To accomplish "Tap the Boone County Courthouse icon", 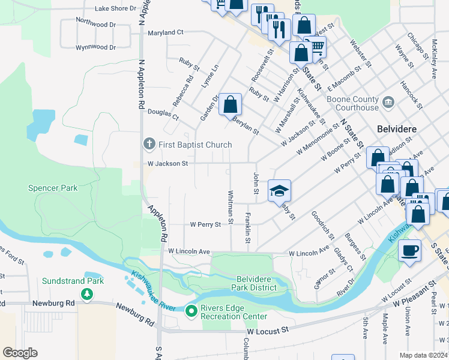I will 388,103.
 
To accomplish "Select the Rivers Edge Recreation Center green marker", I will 191,311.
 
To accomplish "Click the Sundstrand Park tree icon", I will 88,293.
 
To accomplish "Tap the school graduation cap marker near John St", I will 279,191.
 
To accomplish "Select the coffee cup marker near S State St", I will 409,250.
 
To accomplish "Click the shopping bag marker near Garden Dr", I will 230,105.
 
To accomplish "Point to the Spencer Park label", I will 53,188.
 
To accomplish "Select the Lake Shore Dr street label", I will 116,8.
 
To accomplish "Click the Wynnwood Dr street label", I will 95,47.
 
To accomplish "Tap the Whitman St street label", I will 231,204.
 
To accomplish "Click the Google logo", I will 20,353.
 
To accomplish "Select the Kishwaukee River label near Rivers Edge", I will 152,291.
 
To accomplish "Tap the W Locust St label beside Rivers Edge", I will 268,330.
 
